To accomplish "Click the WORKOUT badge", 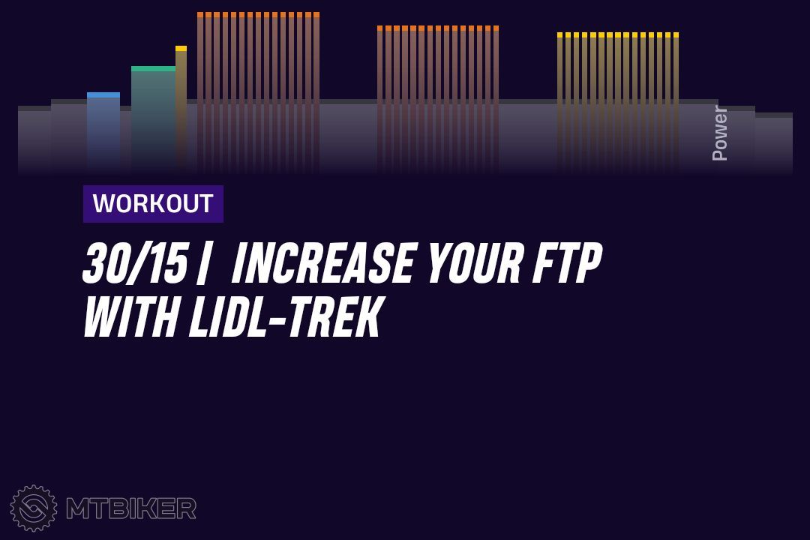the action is tap(153, 203).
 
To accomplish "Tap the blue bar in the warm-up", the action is tap(103, 132).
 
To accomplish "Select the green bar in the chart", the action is tap(154, 118).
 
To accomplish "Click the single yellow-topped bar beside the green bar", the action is tap(181, 109).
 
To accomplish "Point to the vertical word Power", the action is tap(719, 133).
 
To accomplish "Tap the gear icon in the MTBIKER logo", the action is tap(34, 508).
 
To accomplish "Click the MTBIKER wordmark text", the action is tap(131, 508).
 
